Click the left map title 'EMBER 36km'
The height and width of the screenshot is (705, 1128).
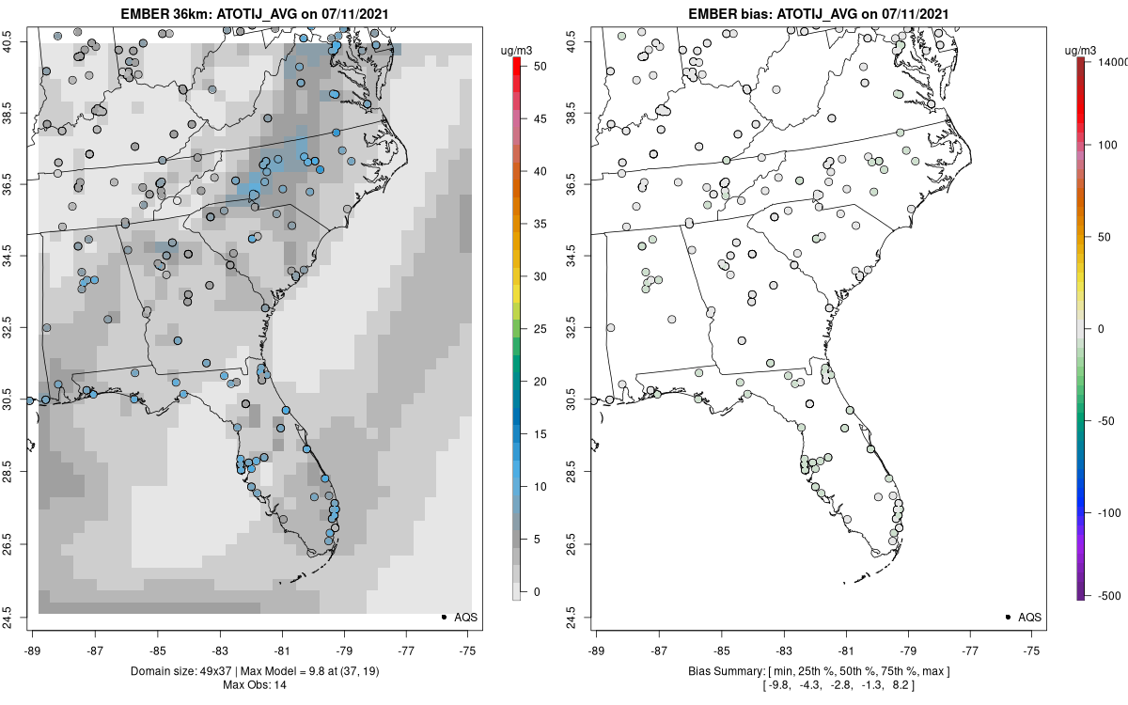(x=166, y=14)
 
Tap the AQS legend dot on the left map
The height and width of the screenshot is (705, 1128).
(x=443, y=617)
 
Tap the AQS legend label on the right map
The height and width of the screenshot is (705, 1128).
(x=1030, y=617)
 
